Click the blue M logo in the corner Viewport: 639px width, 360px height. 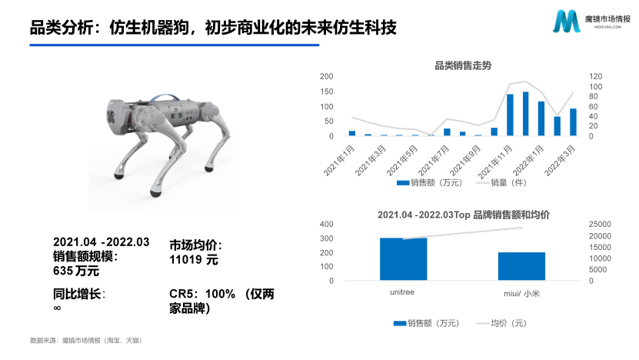pyautogui.click(x=567, y=22)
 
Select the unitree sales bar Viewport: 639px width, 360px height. pyautogui.click(x=403, y=259)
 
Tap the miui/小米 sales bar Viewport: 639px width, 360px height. pyautogui.click(x=521, y=266)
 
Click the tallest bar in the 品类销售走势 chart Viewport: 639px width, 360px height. pyautogui.click(x=525, y=114)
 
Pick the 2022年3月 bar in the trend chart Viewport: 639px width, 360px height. pyautogui.click(x=573, y=122)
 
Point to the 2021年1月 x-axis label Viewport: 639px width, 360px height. pyautogui.click(x=339, y=160)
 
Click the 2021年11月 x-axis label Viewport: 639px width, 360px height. pyautogui.click(x=494, y=162)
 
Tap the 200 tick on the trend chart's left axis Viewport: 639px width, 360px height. pyautogui.click(x=327, y=76)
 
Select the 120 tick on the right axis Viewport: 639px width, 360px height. pyautogui.click(x=595, y=76)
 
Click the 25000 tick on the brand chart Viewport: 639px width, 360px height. pyautogui.click(x=600, y=225)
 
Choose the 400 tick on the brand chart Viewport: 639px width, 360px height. pyautogui.click(x=327, y=225)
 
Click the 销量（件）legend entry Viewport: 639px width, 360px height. pyautogui.click(x=501, y=182)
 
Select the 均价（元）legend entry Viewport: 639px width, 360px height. pyautogui.click(x=501, y=323)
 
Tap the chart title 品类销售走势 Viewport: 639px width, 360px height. pyautogui.click(x=463, y=65)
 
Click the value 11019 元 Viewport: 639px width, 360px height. pyautogui.click(x=194, y=260)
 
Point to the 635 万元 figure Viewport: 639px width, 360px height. pyautogui.click(x=76, y=271)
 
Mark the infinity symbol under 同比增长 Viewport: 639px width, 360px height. pyautogui.click(x=57, y=308)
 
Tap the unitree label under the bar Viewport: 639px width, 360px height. pyautogui.click(x=402, y=292)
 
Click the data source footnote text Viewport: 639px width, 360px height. pyautogui.click(x=86, y=341)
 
